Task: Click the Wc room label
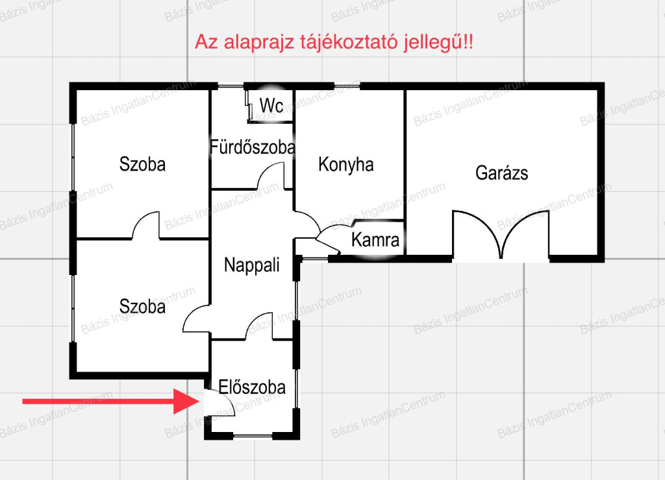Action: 271,106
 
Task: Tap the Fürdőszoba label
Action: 253,147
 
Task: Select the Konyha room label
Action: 346,164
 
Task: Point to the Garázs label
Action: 502,173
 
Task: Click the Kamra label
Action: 375,240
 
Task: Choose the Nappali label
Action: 252,265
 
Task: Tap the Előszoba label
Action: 252,387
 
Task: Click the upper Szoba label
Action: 142,164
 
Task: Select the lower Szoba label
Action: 142,307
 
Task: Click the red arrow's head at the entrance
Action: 186,402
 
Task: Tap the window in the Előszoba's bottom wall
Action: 253,436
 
